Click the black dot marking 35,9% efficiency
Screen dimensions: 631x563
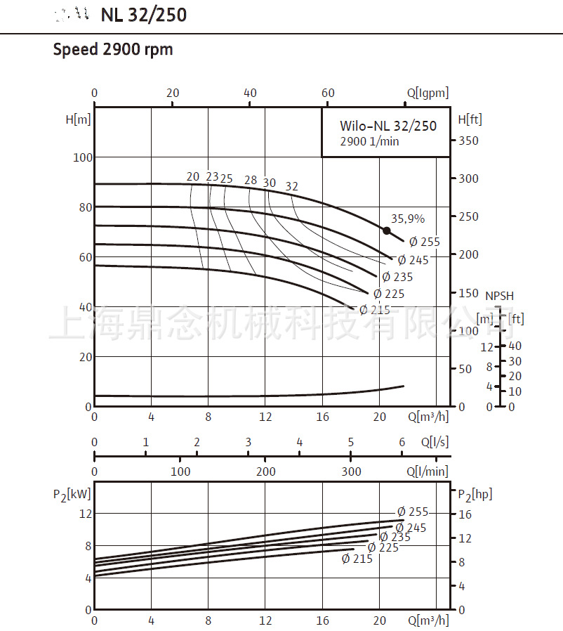point(386,230)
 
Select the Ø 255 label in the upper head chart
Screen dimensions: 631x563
point(425,242)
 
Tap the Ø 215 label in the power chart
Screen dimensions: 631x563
point(357,559)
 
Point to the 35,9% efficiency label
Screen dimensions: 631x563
point(408,219)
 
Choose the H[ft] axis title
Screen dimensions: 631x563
point(470,119)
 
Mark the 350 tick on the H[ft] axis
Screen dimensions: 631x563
point(468,141)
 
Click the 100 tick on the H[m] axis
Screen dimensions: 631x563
point(82,157)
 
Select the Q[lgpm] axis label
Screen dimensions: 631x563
point(427,93)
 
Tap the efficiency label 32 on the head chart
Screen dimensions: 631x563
point(292,186)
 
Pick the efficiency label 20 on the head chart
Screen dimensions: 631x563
point(193,177)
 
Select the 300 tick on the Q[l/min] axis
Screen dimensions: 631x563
point(351,471)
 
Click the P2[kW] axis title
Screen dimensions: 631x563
point(72,495)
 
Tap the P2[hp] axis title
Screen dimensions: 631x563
point(475,495)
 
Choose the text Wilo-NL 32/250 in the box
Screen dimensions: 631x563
point(388,126)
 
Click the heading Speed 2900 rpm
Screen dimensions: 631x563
point(113,50)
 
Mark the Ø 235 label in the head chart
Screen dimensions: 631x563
point(398,277)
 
